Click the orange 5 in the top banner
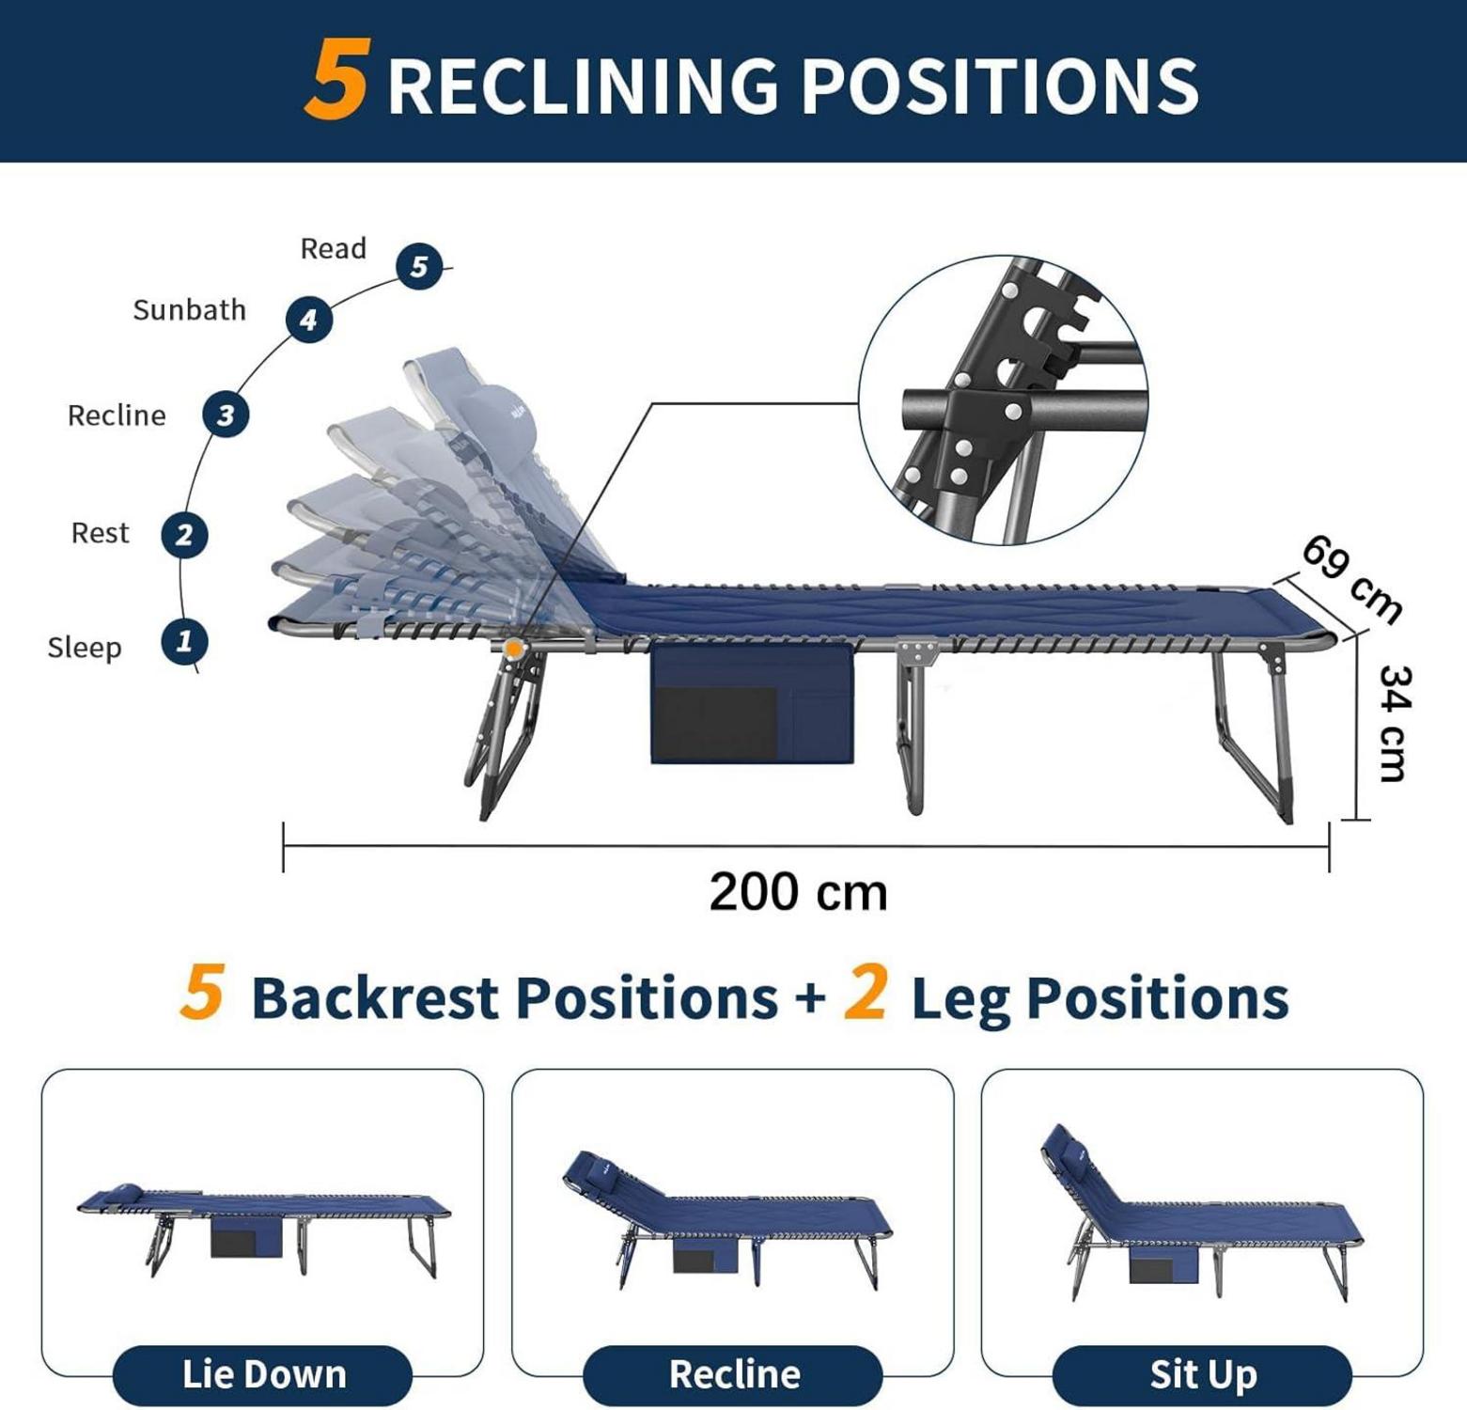click(336, 81)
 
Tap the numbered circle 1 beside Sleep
click(184, 642)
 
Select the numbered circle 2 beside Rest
click(184, 535)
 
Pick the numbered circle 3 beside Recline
click(226, 415)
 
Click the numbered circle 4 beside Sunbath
click(309, 321)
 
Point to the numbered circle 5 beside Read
click(419, 267)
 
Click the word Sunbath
click(189, 310)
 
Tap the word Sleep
click(85, 648)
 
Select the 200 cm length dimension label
click(798, 892)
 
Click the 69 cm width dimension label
click(1352, 579)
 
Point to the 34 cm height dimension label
click(1394, 723)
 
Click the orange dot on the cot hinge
click(513, 648)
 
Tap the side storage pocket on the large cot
click(752, 703)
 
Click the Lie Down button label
click(264, 1374)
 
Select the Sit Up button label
click(1203, 1374)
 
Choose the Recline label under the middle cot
click(734, 1374)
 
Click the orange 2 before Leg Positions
click(866, 995)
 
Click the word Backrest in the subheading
click(374, 997)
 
